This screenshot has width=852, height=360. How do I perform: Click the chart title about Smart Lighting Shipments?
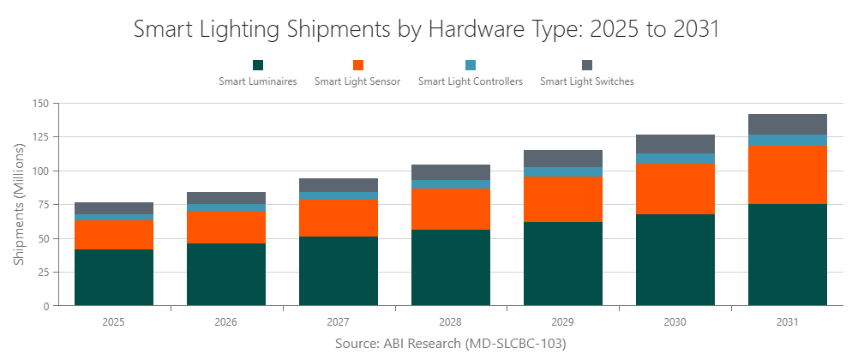426,29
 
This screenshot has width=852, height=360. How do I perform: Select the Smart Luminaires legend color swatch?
258,65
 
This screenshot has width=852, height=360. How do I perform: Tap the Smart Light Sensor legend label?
357,82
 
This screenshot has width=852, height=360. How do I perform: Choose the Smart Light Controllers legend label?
471,82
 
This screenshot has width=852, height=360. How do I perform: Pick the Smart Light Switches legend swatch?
587,65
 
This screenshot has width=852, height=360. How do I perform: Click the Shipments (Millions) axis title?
19,204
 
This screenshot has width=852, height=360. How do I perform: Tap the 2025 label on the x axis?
114,322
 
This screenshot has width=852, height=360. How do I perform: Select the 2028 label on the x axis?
451,322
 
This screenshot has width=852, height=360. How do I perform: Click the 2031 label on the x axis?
788,322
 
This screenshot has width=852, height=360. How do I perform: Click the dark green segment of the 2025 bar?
114,277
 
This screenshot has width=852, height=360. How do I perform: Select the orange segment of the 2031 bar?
788,174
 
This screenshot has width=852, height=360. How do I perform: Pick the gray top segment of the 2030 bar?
675,144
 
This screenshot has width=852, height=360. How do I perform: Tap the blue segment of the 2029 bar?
563,171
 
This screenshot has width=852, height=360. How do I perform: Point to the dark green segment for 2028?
451,267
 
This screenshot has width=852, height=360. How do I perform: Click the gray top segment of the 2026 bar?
226,198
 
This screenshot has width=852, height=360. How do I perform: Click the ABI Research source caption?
426,344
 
